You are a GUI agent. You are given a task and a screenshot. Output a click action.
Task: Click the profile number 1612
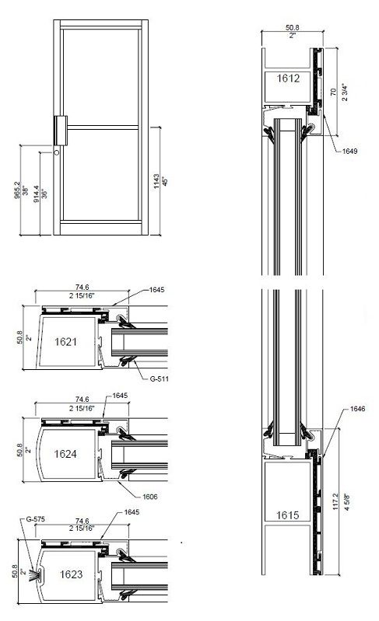pyautogui.click(x=284, y=78)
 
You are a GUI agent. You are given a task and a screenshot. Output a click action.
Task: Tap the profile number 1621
pyautogui.click(x=68, y=340)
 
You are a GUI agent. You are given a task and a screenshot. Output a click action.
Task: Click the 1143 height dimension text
pyautogui.click(x=156, y=182)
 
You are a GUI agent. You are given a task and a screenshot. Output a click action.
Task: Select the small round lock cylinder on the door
pyautogui.click(x=57, y=153)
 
